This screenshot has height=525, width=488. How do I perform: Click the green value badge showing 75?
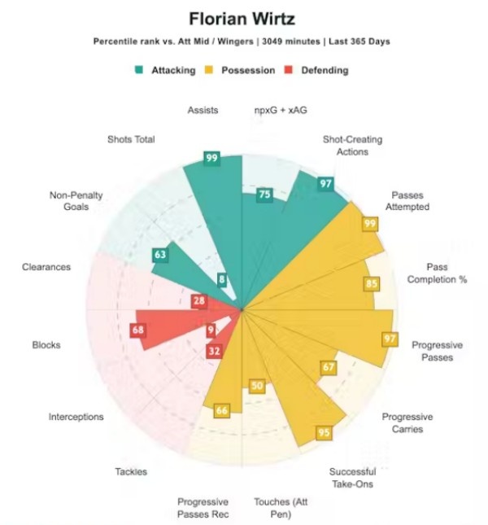tap(264, 195)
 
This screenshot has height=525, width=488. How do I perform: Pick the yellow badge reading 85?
tap(372, 284)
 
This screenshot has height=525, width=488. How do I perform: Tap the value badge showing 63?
tap(160, 255)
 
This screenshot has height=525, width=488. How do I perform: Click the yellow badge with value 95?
tap(324, 432)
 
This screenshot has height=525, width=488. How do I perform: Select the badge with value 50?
tap(257, 386)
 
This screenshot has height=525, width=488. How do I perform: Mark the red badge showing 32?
tap(214, 352)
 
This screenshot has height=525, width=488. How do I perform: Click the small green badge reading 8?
tap(222, 280)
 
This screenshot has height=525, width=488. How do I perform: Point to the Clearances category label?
tap(47, 267)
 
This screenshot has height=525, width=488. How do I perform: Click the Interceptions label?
tap(76, 417)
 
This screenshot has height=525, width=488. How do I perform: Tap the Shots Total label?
tap(130, 139)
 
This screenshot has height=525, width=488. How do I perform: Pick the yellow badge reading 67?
tap(328, 367)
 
